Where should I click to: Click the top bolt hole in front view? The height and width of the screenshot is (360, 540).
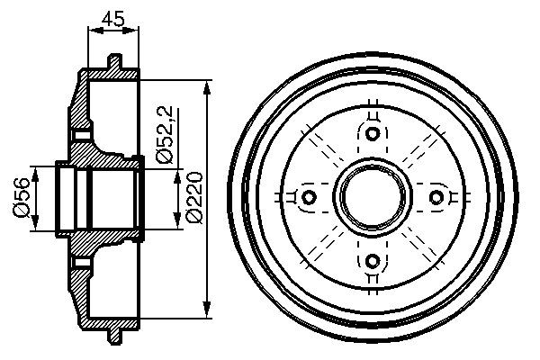[371, 134]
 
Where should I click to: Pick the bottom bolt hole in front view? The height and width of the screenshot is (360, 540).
[371, 260]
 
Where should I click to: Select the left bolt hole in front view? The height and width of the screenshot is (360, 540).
[308, 197]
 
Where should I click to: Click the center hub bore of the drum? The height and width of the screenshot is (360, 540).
[371, 197]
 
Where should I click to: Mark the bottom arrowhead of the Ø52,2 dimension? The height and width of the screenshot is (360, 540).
[175, 221]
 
